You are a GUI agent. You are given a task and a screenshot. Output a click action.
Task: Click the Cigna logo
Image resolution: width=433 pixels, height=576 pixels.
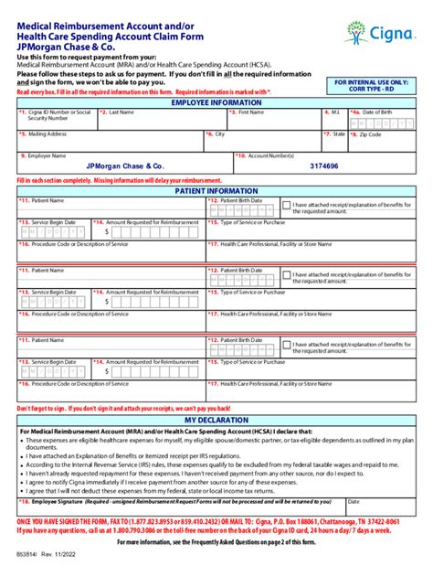point(375,34)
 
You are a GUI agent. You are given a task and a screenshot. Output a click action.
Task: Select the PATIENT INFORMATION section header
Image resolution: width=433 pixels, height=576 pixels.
point(216,190)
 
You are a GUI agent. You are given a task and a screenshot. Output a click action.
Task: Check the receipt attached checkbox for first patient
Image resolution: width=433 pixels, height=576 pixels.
point(286,206)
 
